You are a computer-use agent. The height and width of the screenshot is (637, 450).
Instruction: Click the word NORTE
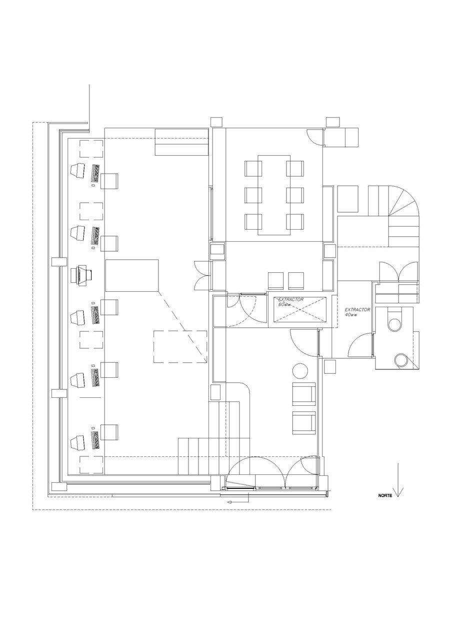click(385, 496)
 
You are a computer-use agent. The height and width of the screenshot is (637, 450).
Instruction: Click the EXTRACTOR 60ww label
click(290, 302)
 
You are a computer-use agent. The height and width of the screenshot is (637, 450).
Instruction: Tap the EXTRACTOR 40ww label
click(357, 312)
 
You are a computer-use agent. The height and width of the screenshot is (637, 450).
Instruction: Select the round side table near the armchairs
click(300, 371)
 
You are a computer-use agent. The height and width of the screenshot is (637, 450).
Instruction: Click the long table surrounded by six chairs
click(274, 195)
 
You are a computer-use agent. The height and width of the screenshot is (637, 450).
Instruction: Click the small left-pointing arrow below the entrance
click(230, 501)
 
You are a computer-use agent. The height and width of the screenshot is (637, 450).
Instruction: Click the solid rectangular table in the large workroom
click(131, 275)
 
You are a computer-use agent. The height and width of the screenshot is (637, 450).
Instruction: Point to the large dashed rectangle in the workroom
click(180, 346)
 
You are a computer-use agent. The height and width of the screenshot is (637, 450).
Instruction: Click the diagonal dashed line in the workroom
click(182, 326)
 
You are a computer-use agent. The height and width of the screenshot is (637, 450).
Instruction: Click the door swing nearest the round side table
click(303, 342)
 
